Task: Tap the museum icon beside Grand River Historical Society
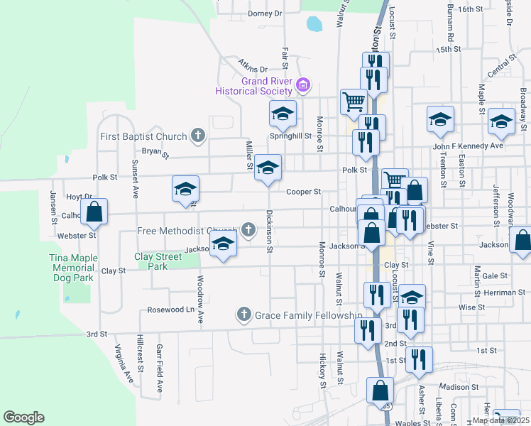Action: click(x=303, y=86)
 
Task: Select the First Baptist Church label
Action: click(x=143, y=136)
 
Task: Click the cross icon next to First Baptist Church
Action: click(x=199, y=136)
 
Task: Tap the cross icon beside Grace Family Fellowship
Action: click(x=244, y=314)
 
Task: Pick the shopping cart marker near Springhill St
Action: click(x=353, y=101)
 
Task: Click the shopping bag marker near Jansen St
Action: click(x=94, y=211)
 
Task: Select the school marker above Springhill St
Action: click(x=282, y=113)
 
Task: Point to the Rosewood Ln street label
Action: click(x=170, y=310)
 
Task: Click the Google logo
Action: click(x=23, y=417)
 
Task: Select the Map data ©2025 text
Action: click(x=500, y=420)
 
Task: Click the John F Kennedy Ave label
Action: click(x=468, y=146)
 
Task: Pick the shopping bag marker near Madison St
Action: click(x=380, y=390)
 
